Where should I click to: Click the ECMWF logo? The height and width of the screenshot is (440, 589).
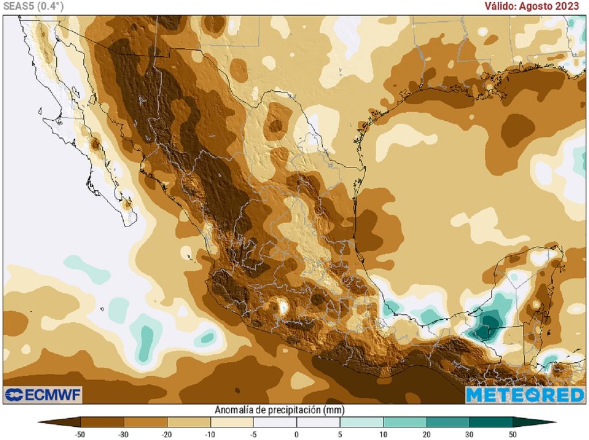[x=44, y=395]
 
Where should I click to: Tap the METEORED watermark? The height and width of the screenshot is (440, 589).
[x=525, y=395]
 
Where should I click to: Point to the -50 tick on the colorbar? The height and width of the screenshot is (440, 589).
[x=80, y=434]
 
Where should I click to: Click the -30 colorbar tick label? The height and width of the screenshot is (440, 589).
[x=123, y=434]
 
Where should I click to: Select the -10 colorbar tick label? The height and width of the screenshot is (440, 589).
[x=210, y=434]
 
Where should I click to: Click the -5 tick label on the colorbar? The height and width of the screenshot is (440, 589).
[x=253, y=434]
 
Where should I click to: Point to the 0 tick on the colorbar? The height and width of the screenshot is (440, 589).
[x=296, y=434]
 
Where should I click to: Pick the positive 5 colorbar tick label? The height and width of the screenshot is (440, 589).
[x=340, y=434]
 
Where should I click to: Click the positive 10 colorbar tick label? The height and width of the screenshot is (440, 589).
[x=383, y=434]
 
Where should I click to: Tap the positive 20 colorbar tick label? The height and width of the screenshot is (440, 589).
[x=426, y=434]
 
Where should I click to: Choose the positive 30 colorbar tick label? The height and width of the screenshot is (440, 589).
[x=469, y=434]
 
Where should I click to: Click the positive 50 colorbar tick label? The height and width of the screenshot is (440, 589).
[x=513, y=434]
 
